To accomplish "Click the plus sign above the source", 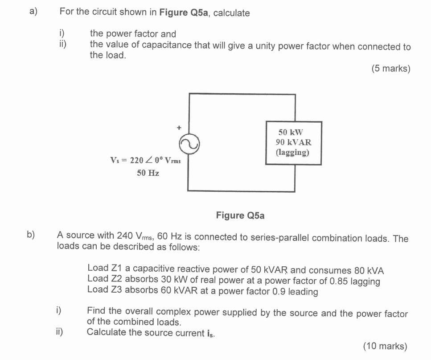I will tap(179, 128).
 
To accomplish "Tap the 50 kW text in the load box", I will tap(291, 132).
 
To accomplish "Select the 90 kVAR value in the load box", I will tap(293, 142).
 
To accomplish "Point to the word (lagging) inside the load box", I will tap(293, 153).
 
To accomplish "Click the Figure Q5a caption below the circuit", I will tap(240, 215).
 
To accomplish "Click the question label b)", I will tap(31, 235).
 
